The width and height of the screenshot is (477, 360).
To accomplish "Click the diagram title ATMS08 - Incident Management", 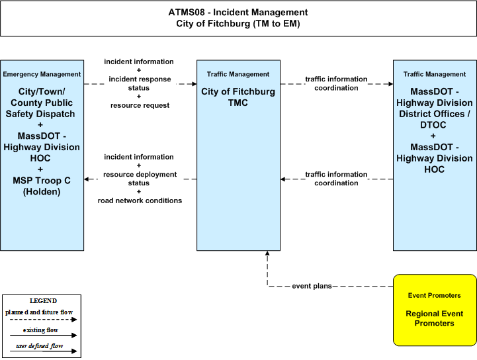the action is tap(238, 13).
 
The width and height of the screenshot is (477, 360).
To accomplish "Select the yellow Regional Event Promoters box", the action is tap(435, 310).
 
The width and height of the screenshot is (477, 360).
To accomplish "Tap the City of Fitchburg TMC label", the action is tap(238, 97).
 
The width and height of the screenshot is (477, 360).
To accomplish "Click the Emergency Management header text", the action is tap(42, 74).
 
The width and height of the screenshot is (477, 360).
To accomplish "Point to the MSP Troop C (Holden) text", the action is tap(42, 186).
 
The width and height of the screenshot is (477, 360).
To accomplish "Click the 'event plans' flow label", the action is tap(312, 286).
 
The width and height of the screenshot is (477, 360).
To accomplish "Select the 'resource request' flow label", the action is tap(140, 105).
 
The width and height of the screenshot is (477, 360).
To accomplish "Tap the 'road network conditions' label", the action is tap(140, 201).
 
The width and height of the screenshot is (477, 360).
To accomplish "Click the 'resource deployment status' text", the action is tap(140, 179).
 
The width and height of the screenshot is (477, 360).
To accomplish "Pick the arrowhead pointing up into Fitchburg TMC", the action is tap(267, 253).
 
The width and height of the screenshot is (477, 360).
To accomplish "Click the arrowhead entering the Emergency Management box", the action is tap(87, 179).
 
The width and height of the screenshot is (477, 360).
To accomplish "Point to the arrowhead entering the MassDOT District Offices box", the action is tap(390, 84).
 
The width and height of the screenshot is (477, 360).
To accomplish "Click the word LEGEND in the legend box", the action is tap(43, 301).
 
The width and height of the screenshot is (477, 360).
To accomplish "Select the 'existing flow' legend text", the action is tap(40, 330).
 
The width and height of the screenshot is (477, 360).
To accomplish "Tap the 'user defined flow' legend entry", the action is tap(40, 346).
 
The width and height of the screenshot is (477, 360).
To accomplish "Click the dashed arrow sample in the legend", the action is tap(43, 320).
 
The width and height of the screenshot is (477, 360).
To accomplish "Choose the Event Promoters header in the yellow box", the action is tap(435, 296).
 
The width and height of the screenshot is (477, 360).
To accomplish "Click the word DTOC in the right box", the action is tap(433, 125).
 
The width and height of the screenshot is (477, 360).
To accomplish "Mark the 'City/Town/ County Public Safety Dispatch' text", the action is tap(41, 103).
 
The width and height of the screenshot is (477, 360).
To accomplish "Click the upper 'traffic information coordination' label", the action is tap(336, 83).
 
